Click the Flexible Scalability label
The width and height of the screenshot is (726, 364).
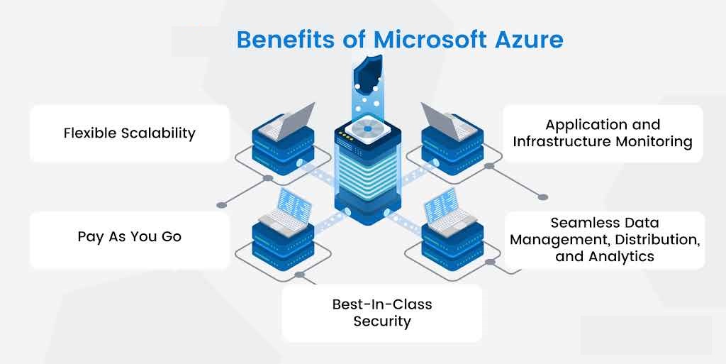[x=129, y=133]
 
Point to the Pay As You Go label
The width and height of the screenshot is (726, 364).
[x=129, y=236]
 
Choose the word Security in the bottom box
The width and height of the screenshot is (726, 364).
[x=382, y=321]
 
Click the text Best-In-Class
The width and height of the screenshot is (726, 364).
[x=382, y=304]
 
